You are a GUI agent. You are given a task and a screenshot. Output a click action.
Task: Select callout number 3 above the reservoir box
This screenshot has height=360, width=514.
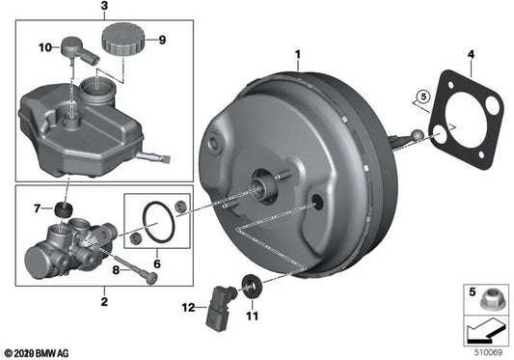pos(104,8)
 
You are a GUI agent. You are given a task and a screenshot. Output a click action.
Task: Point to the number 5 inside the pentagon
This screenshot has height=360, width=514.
pos(419,97)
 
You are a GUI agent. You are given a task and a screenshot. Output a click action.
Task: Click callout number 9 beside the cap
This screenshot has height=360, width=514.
pos(161,41)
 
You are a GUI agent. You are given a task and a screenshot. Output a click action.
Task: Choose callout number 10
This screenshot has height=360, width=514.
pos(42,46)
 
